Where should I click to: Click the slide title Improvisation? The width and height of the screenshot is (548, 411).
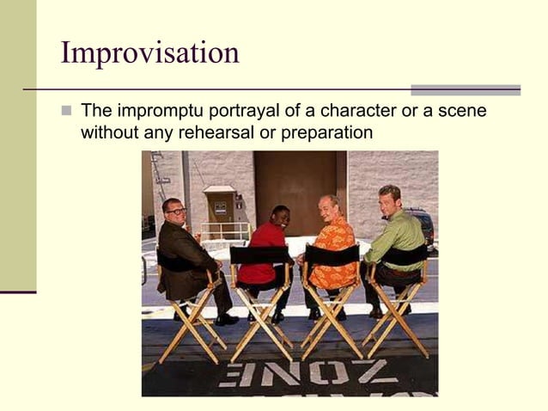(x=149, y=53)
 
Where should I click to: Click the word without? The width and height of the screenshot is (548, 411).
(x=107, y=133)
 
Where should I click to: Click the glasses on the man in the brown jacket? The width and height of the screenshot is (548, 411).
(x=176, y=211)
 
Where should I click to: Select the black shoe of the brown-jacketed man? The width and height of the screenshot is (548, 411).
(x=227, y=320)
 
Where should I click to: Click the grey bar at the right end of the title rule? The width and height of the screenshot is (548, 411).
(x=465, y=89)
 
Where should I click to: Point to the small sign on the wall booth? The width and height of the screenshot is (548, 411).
(x=220, y=207)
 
